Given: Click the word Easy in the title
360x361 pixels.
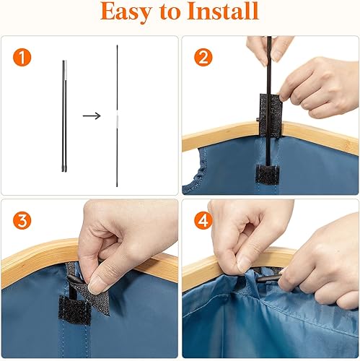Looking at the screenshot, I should pyautogui.click(x=126, y=12).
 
